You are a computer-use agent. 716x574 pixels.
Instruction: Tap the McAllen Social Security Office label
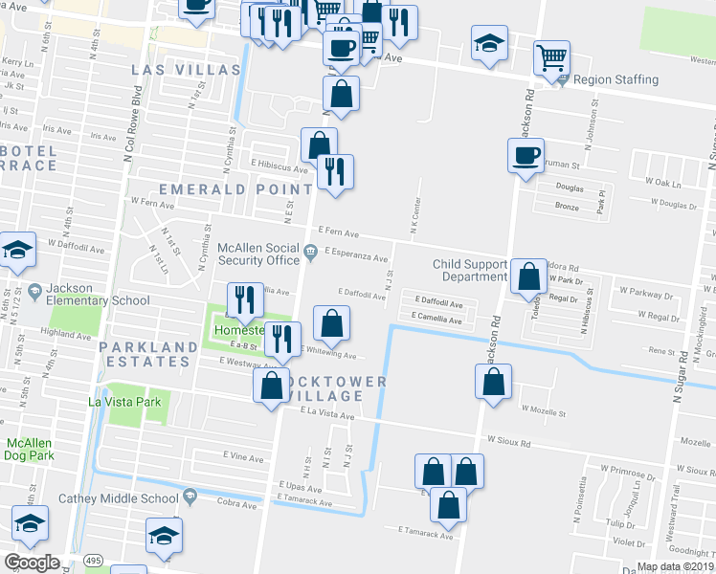(259, 254)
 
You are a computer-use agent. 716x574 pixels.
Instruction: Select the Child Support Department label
(470, 271)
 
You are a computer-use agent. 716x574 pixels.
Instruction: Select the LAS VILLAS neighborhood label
(186, 71)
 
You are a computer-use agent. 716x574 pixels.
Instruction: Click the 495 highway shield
(94, 560)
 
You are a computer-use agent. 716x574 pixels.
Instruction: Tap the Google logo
(31, 563)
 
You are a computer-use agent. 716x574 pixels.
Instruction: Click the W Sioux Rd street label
(508, 441)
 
